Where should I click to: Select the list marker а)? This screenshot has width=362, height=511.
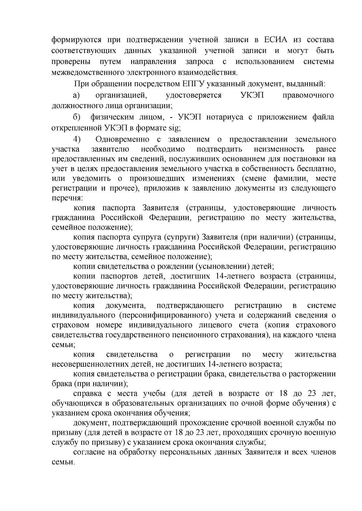(76, 96)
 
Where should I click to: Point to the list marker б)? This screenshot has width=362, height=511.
(76, 117)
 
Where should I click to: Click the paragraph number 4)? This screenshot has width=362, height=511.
(77, 139)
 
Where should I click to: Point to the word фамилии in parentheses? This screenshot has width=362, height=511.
(291, 178)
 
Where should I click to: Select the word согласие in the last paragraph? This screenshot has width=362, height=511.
(89, 452)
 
